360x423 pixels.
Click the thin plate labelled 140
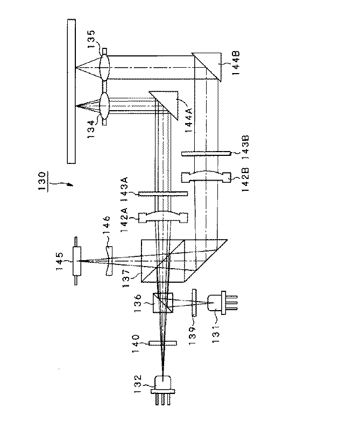pos(163,342)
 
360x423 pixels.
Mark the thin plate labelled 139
pos(194,303)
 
